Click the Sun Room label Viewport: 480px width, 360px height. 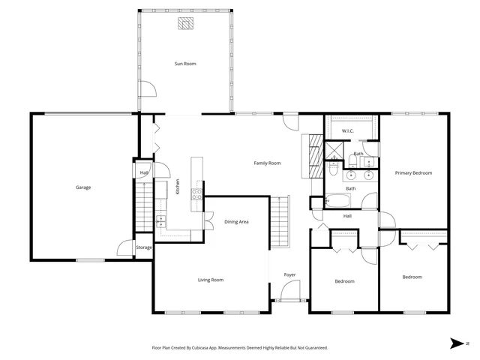[185, 64]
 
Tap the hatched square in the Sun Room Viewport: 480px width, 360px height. [185, 24]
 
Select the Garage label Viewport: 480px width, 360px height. [83, 187]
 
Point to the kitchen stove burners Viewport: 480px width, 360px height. [197, 193]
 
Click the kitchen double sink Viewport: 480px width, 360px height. [161, 220]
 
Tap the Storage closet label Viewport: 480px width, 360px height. [144, 247]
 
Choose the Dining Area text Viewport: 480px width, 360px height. [236, 221]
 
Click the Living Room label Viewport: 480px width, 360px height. [211, 280]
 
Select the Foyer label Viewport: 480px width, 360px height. [289, 274]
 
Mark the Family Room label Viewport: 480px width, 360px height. [267, 163]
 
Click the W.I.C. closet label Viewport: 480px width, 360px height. [347, 131]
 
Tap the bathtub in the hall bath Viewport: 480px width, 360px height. [338, 201]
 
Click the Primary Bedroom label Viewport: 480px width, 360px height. [413, 173]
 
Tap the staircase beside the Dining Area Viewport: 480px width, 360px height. [279, 221]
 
